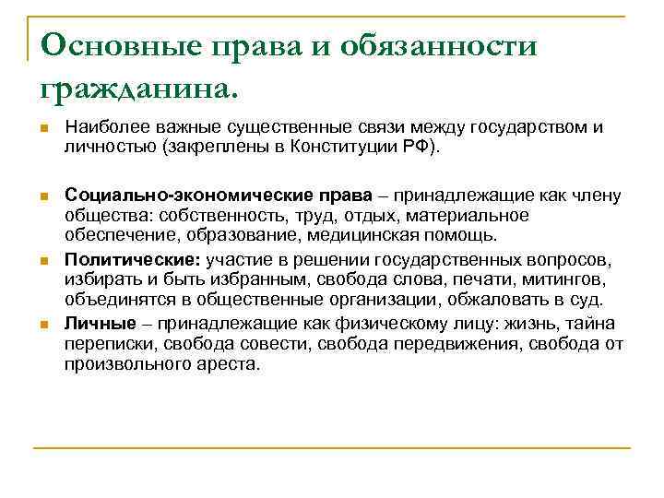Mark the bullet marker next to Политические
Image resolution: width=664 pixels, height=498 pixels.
(x=42, y=259)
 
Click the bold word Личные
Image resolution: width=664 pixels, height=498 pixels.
(x=97, y=322)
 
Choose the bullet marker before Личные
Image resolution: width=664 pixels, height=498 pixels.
(x=42, y=323)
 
